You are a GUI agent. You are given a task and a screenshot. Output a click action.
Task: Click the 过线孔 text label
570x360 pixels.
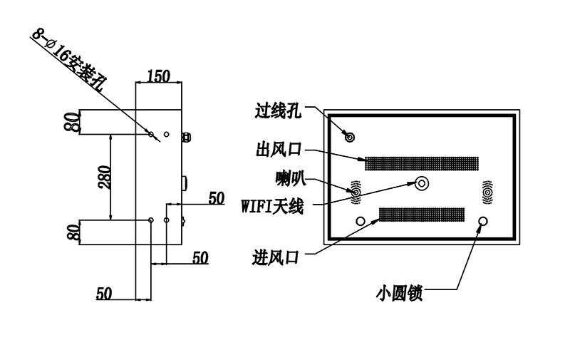tap(278, 111)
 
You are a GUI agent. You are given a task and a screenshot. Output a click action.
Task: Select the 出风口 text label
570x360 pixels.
tap(279, 149)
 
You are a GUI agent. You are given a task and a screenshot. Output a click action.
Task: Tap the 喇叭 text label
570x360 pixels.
tap(291, 178)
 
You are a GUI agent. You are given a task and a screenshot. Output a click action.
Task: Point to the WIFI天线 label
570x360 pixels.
tap(272, 207)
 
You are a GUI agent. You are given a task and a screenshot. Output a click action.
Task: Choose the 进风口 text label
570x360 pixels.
tap(276, 258)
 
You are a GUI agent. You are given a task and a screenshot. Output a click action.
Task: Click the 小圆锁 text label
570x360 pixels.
tap(399, 293)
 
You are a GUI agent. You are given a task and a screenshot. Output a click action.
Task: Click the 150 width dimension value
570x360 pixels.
tap(158, 76)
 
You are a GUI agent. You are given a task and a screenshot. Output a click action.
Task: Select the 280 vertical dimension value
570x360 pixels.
tap(104, 177)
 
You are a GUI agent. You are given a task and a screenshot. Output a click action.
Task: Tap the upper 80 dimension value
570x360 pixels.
tap(72, 122)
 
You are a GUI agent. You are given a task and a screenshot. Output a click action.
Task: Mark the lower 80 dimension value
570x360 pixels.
tap(73, 232)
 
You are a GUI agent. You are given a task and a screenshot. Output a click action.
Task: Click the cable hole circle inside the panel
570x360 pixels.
tap(349, 137)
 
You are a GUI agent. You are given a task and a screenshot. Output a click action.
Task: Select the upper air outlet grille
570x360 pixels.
tap(422, 164)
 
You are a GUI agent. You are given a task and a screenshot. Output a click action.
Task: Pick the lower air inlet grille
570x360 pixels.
tap(422, 215)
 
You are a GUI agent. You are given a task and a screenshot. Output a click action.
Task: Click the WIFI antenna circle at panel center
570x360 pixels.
tap(422, 183)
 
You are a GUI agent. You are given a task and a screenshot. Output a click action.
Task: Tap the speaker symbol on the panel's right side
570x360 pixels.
tap(487, 192)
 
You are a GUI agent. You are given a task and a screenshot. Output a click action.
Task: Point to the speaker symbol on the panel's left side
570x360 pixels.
tap(356, 192)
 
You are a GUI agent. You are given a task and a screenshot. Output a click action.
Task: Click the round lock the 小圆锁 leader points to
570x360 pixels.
tap(483, 221)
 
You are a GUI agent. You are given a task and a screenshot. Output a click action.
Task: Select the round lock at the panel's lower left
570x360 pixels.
tap(361, 221)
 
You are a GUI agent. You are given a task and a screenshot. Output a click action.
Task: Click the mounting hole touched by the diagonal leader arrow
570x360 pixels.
tap(151, 135)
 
